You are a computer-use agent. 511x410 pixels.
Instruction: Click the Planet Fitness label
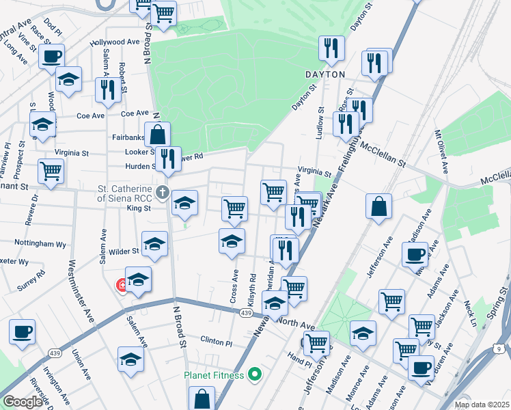coord(213,374)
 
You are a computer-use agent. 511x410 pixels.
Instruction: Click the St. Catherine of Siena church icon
coord(162,191)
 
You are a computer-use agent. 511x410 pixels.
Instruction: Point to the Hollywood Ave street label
coord(115,42)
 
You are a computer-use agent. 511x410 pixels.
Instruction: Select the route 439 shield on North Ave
coord(246,312)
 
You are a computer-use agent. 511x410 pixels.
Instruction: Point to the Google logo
coord(22,402)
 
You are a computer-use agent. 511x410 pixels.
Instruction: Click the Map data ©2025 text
coord(482,405)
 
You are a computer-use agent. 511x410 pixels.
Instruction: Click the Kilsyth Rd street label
coord(252,288)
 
